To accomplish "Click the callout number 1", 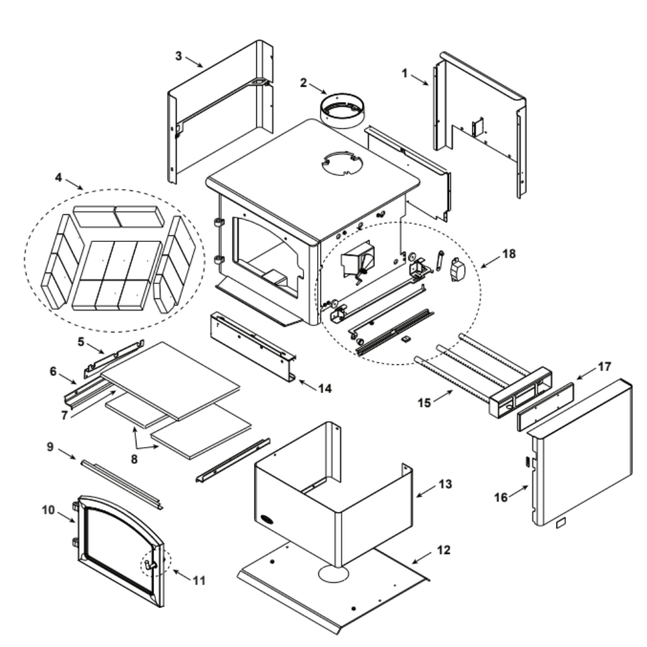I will [405, 73].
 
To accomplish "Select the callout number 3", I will [179, 54].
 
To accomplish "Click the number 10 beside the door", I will [49, 510].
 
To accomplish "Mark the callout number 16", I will [501, 497].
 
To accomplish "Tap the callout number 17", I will [604, 366].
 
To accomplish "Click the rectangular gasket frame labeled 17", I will [545, 407].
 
